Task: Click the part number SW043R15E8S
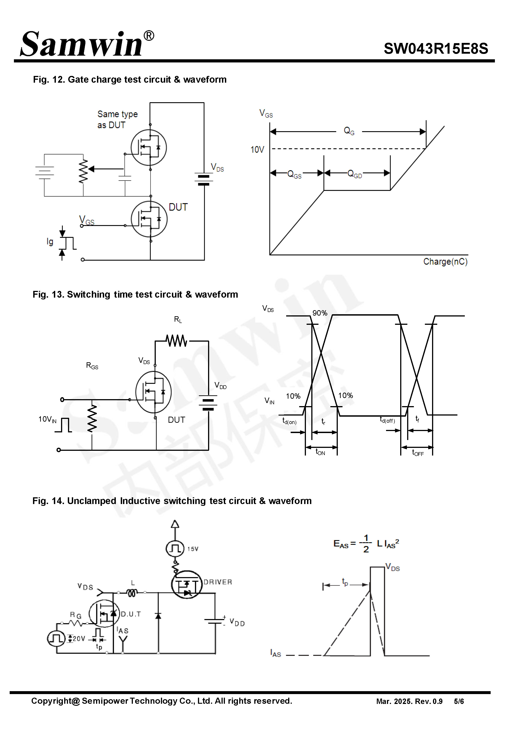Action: (435, 49)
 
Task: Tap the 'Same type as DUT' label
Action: (117, 119)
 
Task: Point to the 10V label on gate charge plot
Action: (257, 149)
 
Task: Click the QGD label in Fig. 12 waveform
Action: (354, 174)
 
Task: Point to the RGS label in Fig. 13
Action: (92, 366)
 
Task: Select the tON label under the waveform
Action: (320, 452)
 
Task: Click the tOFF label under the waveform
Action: (418, 453)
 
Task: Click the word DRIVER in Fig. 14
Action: (218, 582)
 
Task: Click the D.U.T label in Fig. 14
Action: (131, 614)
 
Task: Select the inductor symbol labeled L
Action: (132, 593)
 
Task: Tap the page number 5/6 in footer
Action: (459, 701)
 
